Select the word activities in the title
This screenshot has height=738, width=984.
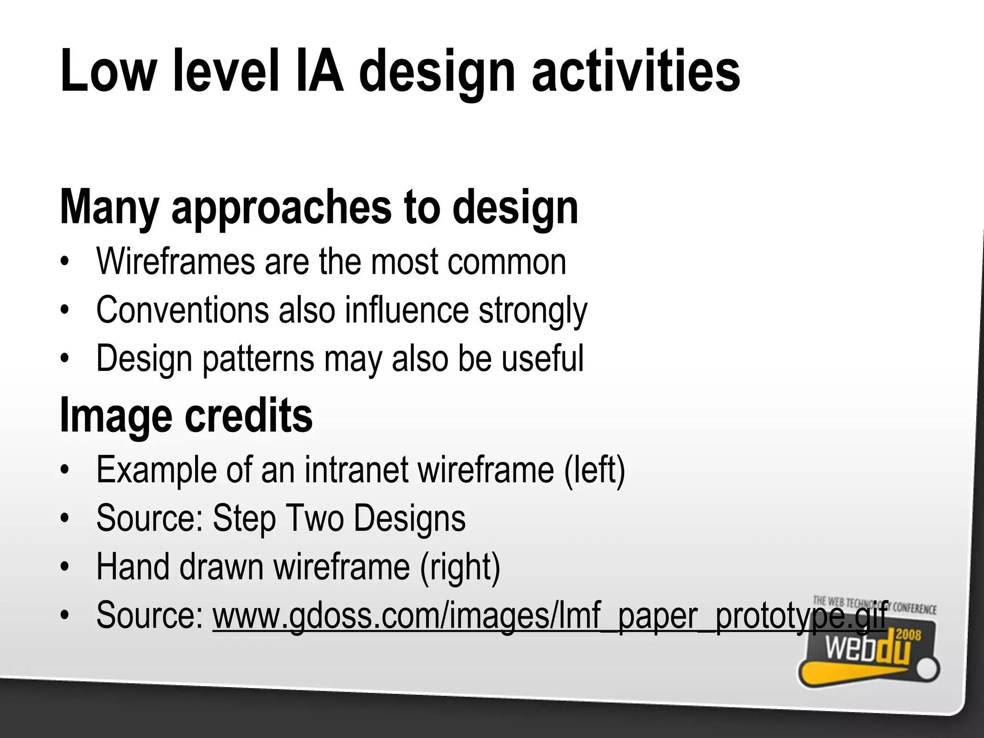coord(636,71)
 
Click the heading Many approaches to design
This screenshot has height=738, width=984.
coord(319,208)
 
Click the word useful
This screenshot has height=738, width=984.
coord(542,358)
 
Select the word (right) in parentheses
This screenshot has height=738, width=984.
coord(460,567)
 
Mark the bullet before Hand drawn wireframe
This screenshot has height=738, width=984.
coord(65,567)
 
